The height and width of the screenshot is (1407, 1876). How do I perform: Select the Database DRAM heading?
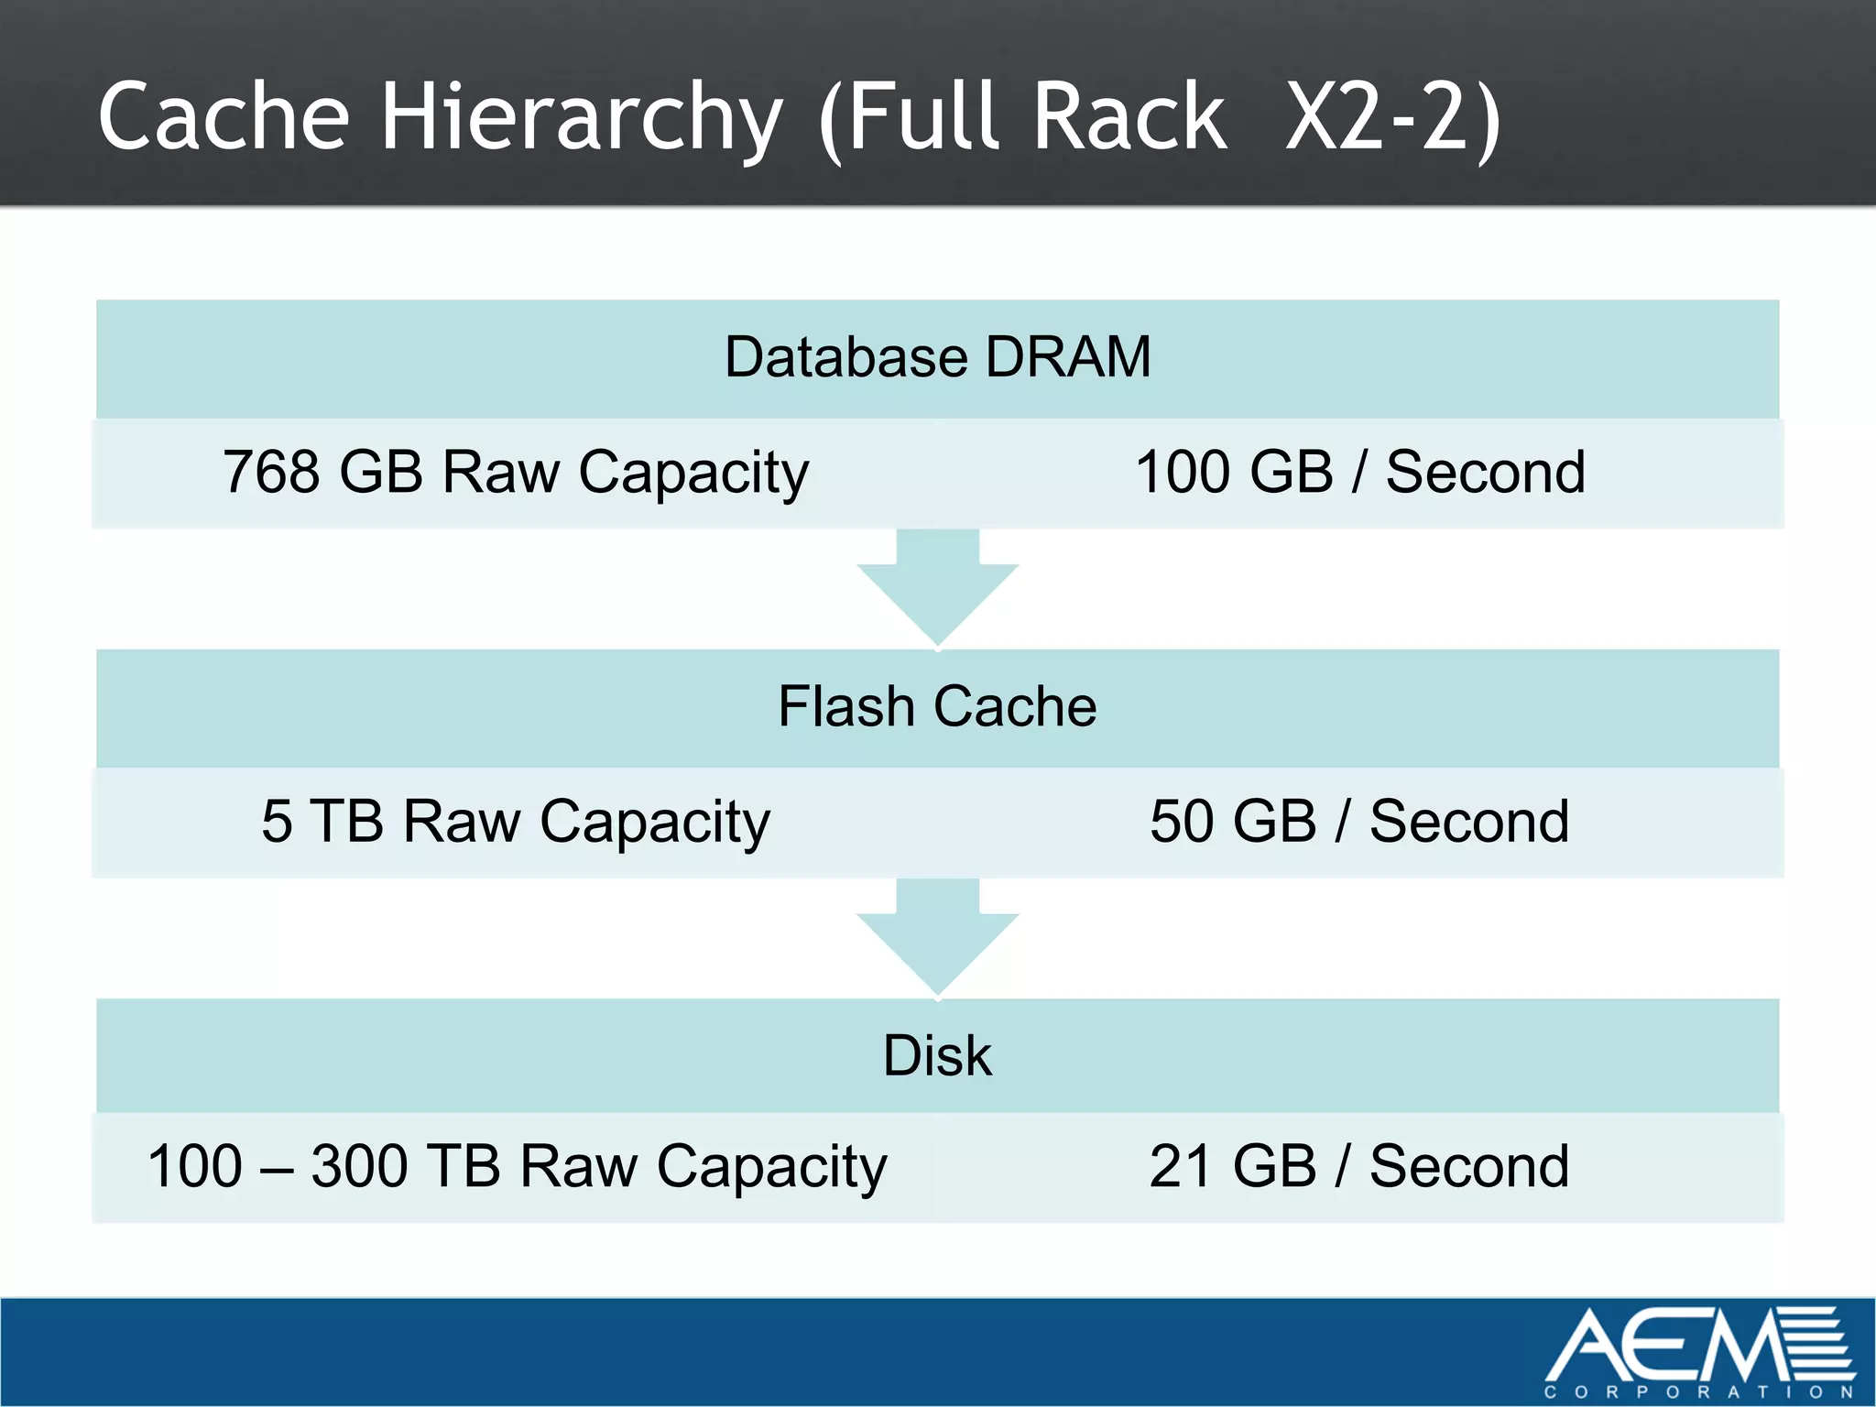[937, 356]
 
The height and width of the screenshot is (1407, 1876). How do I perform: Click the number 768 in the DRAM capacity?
[270, 473]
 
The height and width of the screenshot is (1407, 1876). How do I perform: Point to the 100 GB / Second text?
[1360, 473]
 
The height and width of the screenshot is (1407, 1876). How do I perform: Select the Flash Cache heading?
[937, 706]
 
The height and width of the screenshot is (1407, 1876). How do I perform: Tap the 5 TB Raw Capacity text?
[516, 822]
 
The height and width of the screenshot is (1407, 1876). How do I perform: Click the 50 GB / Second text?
[1360, 822]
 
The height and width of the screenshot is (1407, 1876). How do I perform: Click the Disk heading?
[937, 1055]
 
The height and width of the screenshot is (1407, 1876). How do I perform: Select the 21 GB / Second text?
[1360, 1167]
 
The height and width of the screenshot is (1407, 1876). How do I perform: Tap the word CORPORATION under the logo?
[1698, 1392]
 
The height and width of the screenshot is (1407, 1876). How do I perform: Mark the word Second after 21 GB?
[1469, 1167]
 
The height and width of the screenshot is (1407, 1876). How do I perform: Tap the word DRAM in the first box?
[1068, 356]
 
